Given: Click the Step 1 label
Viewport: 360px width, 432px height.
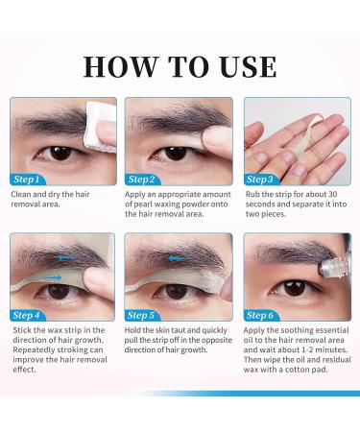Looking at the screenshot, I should coord(26,179).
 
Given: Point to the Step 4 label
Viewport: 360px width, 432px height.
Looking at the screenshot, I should coord(26,315).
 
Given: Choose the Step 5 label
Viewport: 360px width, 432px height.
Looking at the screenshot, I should coord(142,315).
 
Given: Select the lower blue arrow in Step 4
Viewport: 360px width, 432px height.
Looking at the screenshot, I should coord(52,278).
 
